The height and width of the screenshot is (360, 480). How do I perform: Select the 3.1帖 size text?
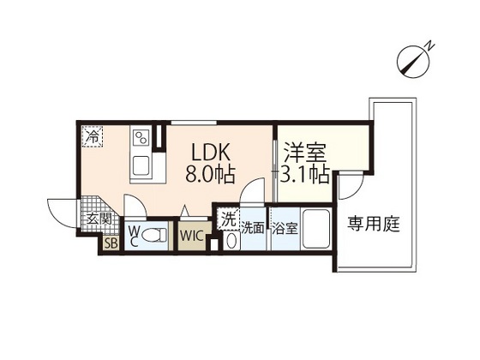pyautogui.click(x=304, y=176)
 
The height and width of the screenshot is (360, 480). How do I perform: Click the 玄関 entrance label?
pyautogui.click(x=94, y=219)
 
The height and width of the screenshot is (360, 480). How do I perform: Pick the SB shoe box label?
pyautogui.click(x=111, y=243)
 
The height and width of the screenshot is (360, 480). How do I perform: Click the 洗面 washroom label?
pyautogui.click(x=253, y=228)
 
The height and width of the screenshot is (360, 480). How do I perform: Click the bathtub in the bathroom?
pyautogui.click(x=317, y=229)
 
